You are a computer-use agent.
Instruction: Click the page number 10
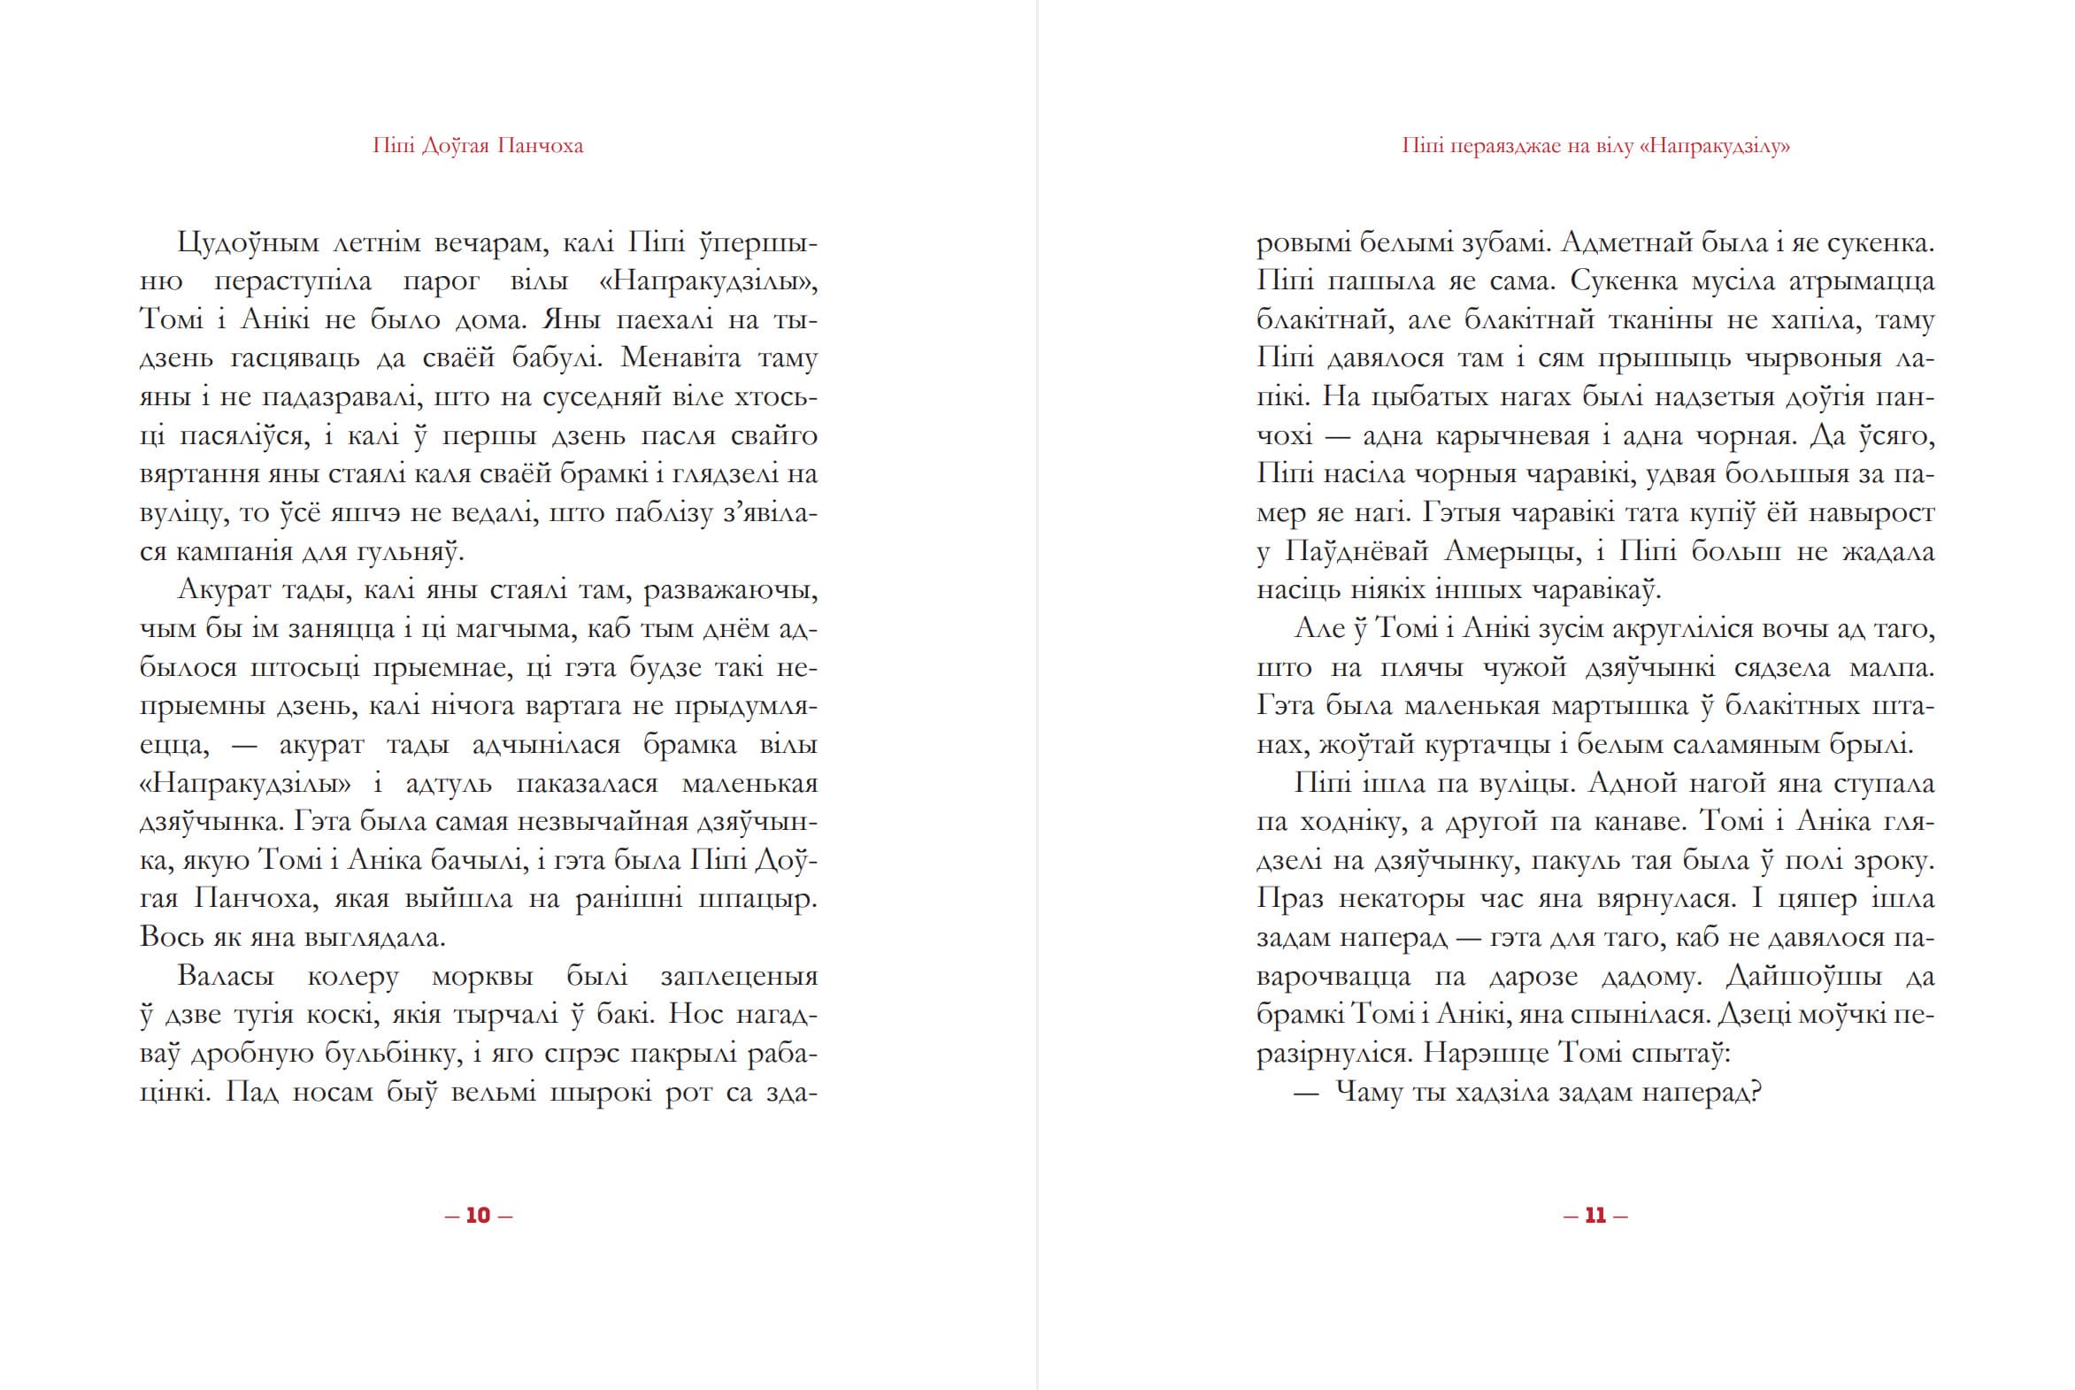pos(478,1216)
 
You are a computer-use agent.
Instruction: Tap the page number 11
pos(1595,1216)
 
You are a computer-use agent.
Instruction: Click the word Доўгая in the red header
pos(455,146)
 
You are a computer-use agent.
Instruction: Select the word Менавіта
pos(680,358)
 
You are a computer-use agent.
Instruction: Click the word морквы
pos(482,976)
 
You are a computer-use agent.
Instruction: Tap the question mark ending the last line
pos(1752,1092)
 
